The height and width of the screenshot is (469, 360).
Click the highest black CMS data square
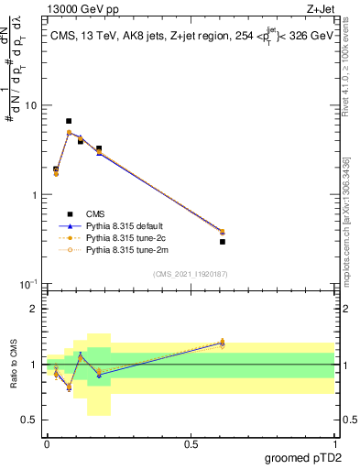pos(69,121)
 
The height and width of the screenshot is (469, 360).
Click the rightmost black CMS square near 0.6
pos(223,242)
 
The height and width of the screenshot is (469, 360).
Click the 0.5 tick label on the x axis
pos(191,444)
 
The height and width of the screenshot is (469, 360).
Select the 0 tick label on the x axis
pos(47,444)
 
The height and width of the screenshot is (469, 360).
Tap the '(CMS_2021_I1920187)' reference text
pos(190,274)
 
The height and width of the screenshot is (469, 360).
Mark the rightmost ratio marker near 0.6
pos(223,343)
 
